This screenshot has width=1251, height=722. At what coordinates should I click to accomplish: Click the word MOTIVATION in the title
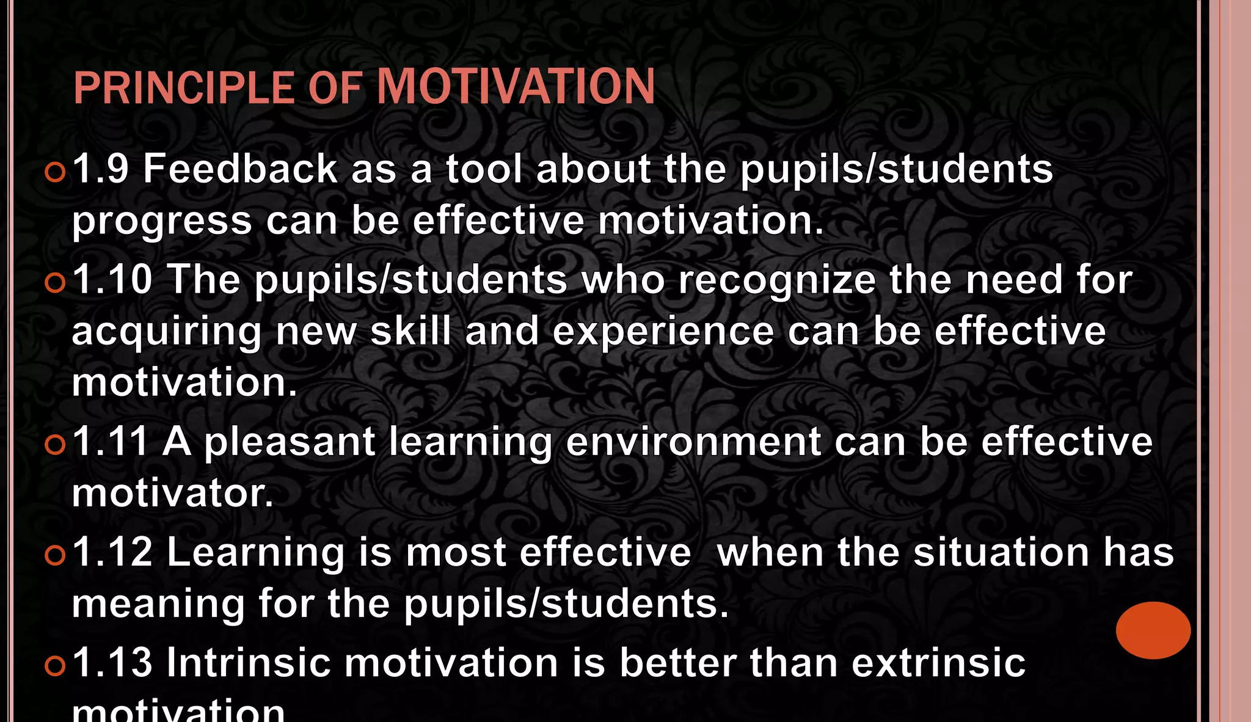click(x=516, y=87)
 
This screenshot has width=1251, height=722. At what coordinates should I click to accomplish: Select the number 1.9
click(x=101, y=169)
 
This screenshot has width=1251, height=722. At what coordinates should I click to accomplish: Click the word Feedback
click(x=240, y=169)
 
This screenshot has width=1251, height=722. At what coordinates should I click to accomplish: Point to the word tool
click(x=484, y=169)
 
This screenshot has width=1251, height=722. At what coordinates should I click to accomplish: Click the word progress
click(x=162, y=222)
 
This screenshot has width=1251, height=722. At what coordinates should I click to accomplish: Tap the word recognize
click(x=776, y=281)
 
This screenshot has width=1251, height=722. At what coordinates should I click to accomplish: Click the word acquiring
click(x=167, y=333)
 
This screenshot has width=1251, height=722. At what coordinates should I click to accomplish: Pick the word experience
click(x=663, y=333)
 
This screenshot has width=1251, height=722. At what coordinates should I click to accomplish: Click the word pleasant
click(x=289, y=443)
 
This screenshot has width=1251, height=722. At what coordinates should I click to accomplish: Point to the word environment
click(x=693, y=442)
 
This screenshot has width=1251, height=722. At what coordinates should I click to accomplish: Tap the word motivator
click(x=172, y=494)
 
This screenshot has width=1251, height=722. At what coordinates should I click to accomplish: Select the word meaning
click(x=158, y=605)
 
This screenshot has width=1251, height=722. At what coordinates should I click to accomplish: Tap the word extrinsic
click(x=938, y=662)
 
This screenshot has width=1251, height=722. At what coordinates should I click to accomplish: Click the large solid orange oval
click(x=1153, y=630)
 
